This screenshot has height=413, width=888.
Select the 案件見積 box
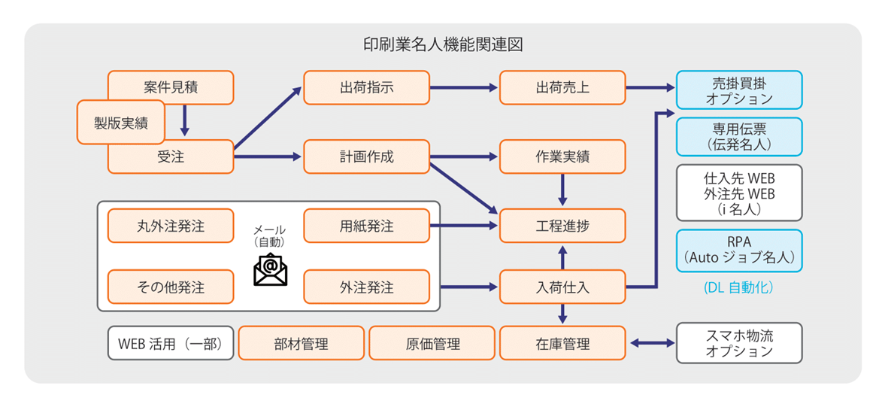point(171,87)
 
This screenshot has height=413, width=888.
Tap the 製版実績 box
point(120,123)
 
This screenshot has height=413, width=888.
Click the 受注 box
point(171,157)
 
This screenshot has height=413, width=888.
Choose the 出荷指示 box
point(366,87)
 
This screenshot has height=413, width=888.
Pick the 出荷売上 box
point(562,87)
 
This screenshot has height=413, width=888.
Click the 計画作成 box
point(366,157)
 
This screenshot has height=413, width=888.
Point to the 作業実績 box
point(562,157)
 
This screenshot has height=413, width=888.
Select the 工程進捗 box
point(562,226)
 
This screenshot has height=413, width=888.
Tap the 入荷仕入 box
point(562,287)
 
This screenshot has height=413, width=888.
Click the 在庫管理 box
point(562,344)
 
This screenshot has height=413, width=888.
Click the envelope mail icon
point(270,269)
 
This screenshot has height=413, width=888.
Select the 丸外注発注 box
point(171,226)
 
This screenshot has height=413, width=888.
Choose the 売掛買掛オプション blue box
point(739,90)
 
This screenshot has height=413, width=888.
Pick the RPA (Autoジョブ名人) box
point(739,251)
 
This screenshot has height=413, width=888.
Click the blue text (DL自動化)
point(739,288)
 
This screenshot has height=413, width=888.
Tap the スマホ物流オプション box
point(739,343)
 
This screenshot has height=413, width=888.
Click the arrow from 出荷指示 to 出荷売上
point(464,87)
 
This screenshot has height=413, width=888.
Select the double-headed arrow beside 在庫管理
point(651,344)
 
